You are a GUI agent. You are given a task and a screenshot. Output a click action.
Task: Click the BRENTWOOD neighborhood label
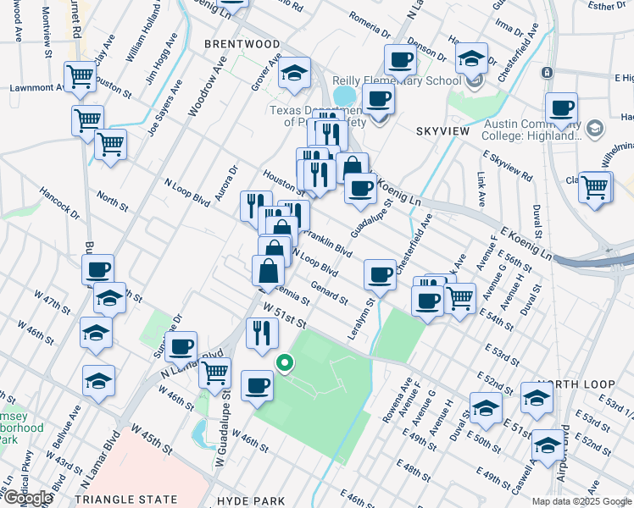242,43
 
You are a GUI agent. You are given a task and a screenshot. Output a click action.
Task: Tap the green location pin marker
286,364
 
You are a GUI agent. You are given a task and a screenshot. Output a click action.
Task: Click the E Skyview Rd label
507,166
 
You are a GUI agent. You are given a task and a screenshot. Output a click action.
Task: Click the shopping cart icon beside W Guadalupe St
214,370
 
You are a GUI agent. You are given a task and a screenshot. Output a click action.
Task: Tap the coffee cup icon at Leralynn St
380,274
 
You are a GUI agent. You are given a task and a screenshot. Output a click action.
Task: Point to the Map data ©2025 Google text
581,501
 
